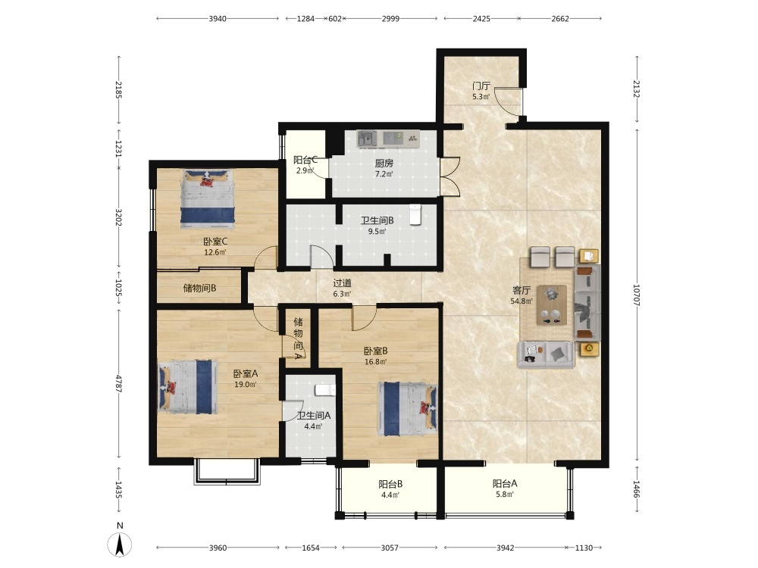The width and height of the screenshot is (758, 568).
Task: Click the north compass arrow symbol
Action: [x=120, y=545]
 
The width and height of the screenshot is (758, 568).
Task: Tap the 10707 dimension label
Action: [x=636, y=295]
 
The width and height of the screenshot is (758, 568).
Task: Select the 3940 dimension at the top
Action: [x=218, y=19]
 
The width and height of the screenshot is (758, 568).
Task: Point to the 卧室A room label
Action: [x=246, y=373]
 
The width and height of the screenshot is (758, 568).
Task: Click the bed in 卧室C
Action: [x=208, y=198]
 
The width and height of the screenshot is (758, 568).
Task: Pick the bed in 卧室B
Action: [x=408, y=409]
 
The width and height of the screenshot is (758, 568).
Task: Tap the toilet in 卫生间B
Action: [x=415, y=215]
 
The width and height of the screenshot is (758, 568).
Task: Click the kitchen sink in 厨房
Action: [x=368, y=139]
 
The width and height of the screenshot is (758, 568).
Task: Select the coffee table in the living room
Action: [x=552, y=304]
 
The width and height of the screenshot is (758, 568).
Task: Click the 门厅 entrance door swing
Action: [x=508, y=101]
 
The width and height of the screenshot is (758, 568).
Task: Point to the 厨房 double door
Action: [x=449, y=176]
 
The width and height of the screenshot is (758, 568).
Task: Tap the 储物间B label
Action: [x=199, y=289]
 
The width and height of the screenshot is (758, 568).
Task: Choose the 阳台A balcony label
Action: [x=505, y=483]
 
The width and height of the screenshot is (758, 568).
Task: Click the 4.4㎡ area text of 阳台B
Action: [x=390, y=495]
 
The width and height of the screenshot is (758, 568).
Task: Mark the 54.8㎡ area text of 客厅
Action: [x=522, y=301]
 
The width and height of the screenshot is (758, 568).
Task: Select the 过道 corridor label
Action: [x=343, y=283]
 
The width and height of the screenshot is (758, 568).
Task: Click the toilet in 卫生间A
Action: [x=325, y=390]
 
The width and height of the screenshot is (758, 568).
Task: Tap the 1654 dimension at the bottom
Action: [x=311, y=548]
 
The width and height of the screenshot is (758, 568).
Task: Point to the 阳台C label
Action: [x=305, y=160]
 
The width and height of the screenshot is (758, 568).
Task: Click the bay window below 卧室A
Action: [x=227, y=471]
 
